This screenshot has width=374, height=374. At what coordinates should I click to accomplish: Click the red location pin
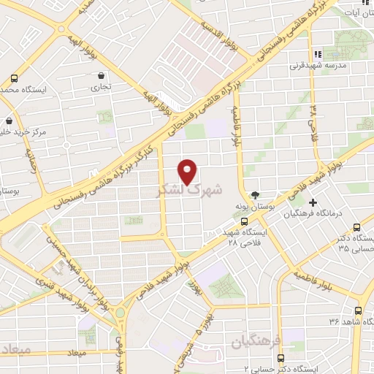coord(188,171)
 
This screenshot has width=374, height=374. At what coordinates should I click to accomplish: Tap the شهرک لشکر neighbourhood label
coord(188,191)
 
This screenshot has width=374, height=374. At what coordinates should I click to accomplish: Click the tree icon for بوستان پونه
coord(255,195)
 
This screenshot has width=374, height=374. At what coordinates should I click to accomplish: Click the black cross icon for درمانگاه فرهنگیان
coord(313,202)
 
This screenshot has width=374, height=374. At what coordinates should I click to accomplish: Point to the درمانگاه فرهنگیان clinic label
coord(333,214)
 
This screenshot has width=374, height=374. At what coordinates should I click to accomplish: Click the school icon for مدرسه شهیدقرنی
coord(316,54)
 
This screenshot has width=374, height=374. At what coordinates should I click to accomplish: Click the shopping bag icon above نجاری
coord(100,75)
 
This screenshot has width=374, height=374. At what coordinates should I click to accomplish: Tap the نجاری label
coord(100,86)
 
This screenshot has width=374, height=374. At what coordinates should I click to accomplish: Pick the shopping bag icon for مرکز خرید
coord(9,121)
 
